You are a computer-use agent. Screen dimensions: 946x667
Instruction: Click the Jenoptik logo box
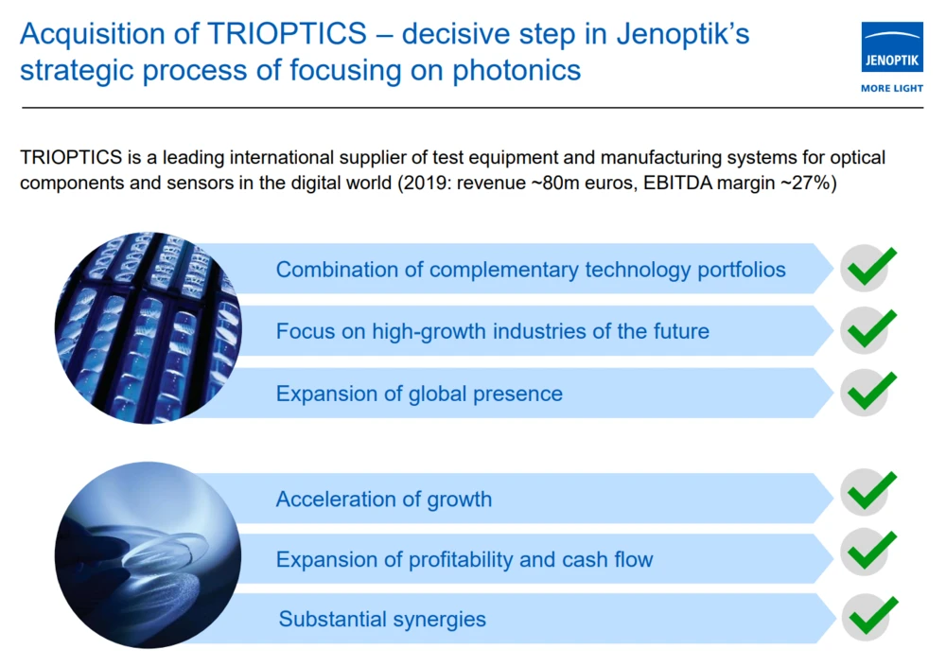[x=892, y=47]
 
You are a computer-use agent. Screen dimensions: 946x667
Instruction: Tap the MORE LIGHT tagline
[x=892, y=88]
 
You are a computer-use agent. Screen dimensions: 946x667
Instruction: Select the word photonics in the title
[x=517, y=70]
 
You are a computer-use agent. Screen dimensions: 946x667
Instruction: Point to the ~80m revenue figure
[x=555, y=183]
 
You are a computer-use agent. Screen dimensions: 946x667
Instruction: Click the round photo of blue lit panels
[x=148, y=327]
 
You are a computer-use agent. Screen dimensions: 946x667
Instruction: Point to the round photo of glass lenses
[x=148, y=554]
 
